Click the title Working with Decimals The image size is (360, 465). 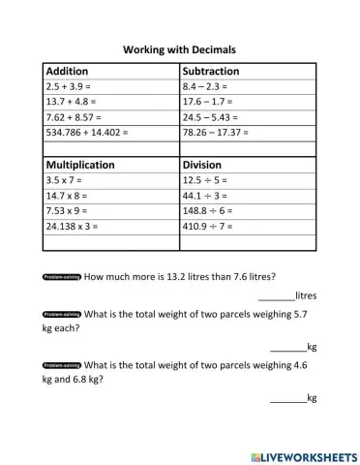click(x=180, y=48)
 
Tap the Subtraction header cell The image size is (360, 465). click(x=211, y=72)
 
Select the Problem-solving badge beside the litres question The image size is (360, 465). click(x=62, y=275)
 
